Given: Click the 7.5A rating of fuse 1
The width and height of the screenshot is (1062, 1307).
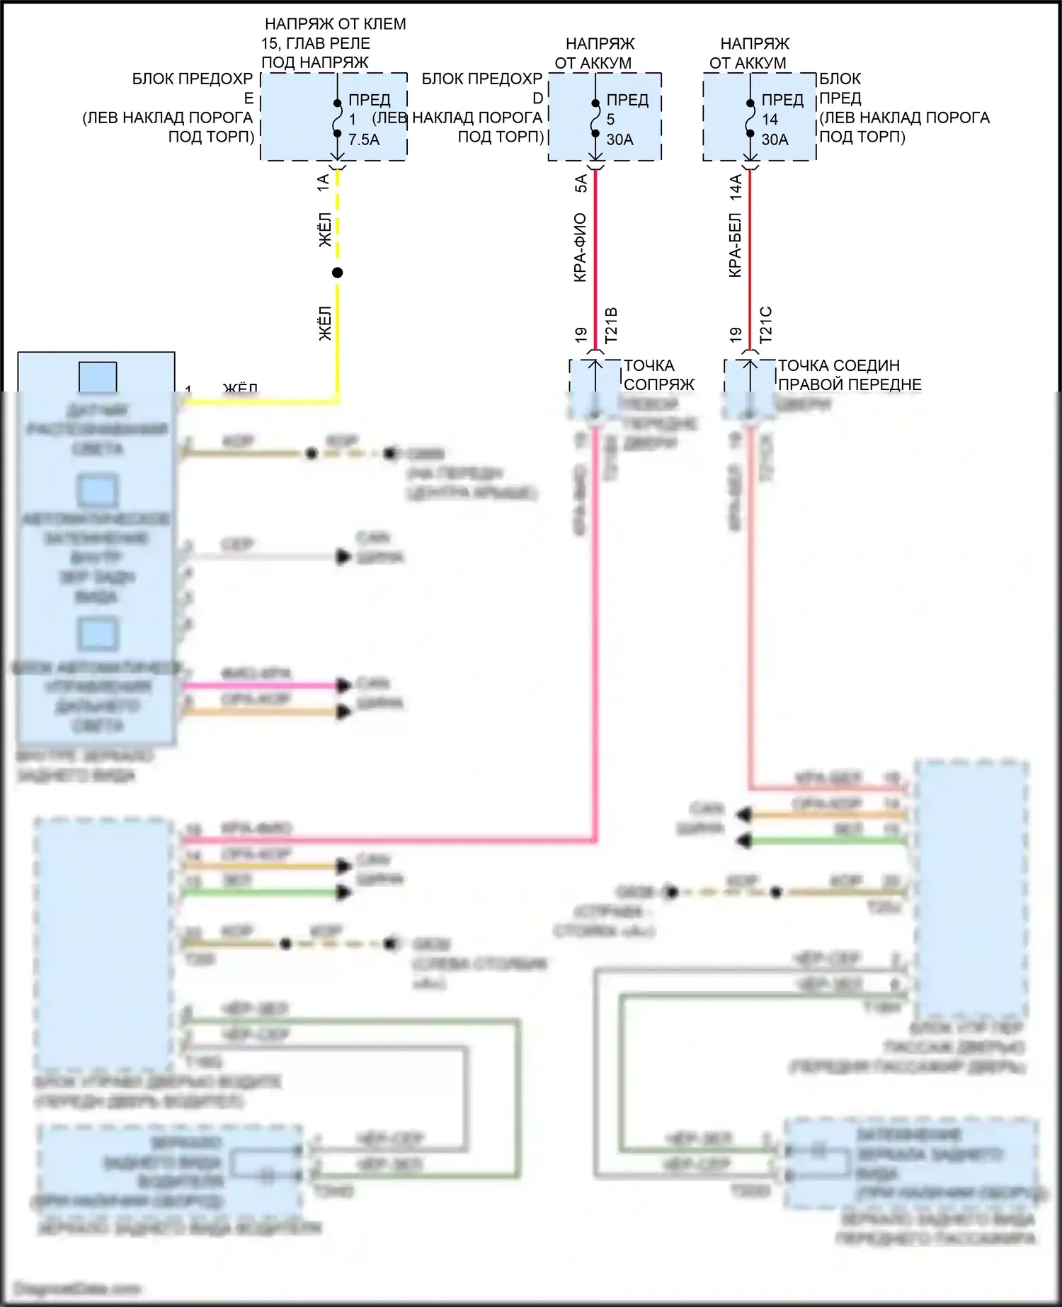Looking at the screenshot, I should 364,139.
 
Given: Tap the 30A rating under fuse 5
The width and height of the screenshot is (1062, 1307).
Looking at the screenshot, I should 619,139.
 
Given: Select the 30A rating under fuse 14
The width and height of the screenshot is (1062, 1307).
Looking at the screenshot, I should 775,139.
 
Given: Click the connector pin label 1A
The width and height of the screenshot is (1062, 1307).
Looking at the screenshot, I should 324,183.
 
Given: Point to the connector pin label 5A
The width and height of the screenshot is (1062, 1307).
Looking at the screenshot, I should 581,183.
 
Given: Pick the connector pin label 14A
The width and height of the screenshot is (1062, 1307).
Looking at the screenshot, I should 736,186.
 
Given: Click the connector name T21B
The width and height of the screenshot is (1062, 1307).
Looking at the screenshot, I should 611,325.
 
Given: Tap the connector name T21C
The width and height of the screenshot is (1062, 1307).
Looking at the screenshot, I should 766,325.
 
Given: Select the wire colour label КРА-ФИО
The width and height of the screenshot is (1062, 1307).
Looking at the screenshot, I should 581,248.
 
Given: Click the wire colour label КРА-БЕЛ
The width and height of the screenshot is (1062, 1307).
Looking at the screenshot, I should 736,245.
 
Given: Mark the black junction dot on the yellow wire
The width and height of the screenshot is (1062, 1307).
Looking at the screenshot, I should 338,273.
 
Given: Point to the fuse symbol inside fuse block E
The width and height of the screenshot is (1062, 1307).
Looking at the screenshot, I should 338,118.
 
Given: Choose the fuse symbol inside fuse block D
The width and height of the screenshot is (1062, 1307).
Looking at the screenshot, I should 595,118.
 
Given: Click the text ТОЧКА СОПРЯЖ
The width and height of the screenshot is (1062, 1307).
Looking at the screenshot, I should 658,375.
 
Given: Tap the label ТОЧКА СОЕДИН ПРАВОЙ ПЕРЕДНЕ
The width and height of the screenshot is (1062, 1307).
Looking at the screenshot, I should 849,375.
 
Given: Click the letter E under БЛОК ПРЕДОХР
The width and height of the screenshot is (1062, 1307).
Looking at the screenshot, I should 249,98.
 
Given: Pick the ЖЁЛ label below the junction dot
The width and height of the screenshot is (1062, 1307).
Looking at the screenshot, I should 324,324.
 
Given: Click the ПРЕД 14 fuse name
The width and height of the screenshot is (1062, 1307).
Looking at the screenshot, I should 782,109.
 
